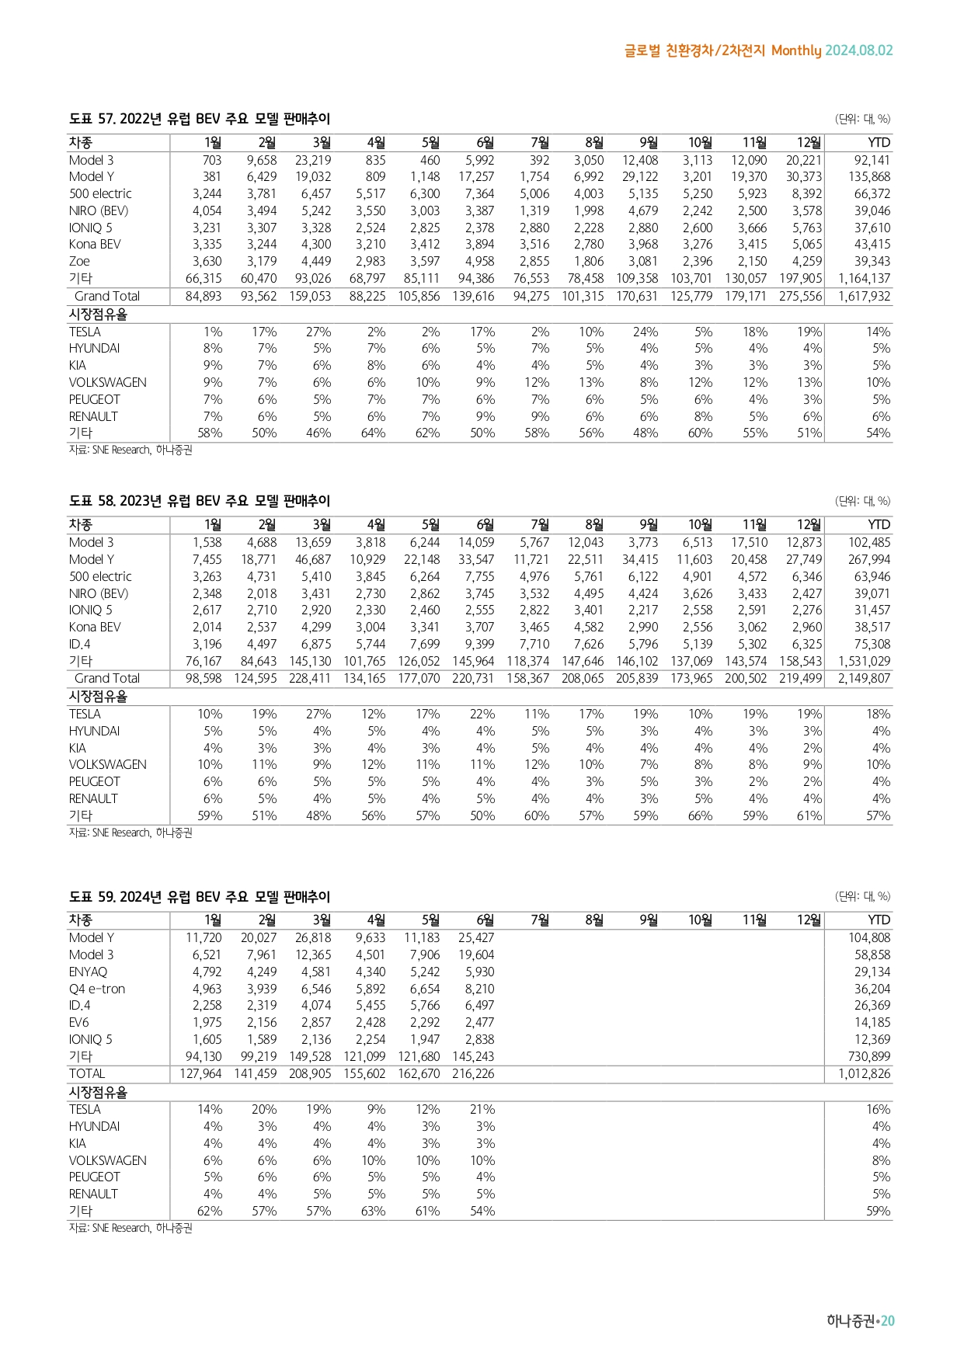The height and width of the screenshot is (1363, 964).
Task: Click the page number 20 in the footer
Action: click(x=888, y=1321)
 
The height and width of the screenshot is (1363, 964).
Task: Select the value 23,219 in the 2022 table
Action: click(x=313, y=160)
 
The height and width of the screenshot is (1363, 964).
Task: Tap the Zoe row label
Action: click(x=79, y=261)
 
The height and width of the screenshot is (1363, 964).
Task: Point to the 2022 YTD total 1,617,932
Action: click(x=865, y=296)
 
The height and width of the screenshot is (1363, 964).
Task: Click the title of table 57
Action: click(x=200, y=119)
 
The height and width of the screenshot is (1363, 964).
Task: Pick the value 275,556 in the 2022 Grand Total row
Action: click(x=800, y=296)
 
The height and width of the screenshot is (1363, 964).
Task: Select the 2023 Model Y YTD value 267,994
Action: click(x=869, y=559)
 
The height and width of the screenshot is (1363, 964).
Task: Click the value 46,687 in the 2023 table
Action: click(x=313, y=559)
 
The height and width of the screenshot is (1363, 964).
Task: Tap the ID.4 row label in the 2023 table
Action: click(x=79, y=644)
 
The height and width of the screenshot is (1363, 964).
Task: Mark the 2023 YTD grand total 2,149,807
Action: click(x=865, y=678)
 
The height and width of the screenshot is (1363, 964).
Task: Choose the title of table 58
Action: click(x=200, y=501)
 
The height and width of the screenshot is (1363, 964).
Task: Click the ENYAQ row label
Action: click(x=88, y=972)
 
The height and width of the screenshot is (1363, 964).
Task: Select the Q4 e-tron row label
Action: click(x=97, y=989)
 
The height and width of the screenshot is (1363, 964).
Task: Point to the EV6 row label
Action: click(x=79, y=1022)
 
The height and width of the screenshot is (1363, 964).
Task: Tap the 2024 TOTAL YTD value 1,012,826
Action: click(x=865, y=1073)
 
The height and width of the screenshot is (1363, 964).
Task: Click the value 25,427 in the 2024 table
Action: click(x=476, y=937)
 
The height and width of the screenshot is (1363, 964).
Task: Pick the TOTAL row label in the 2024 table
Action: click(x=87, y=1073)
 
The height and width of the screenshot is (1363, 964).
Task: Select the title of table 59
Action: click(x=200, y=896)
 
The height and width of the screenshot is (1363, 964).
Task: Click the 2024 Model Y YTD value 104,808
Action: click(x=869, y=937)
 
